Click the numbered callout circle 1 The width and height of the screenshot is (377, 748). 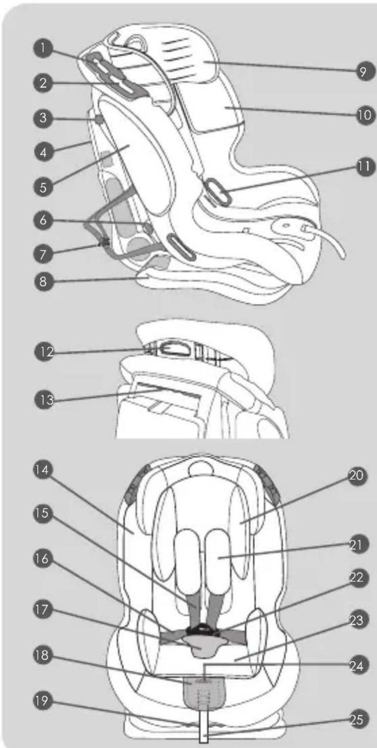tap(43, 48)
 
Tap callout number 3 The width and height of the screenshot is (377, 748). tap(43, 118)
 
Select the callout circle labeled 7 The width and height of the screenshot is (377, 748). tap(43, 254)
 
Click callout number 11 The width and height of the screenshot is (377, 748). tap(364, 167)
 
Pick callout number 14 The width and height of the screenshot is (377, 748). tap(42, 470)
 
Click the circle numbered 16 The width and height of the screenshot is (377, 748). tap(42, 559)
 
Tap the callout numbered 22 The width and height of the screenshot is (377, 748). tap(357, 578)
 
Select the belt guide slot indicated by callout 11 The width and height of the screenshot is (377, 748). tap(217, 192)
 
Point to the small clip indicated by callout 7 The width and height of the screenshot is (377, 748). tap(105, 241)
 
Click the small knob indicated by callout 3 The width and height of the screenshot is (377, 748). tap(99, 119)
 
